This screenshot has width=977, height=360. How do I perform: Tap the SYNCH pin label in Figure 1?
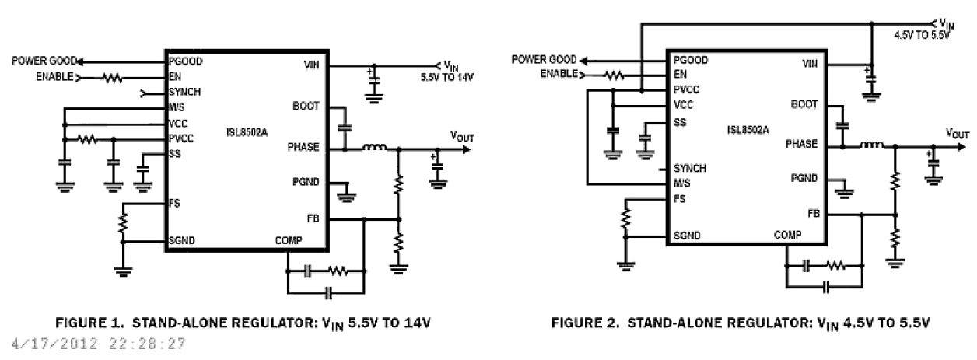pos(184,92)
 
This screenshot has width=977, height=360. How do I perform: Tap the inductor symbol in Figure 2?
pos(871,145)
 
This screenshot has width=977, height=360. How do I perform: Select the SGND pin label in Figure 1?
pos(182,241)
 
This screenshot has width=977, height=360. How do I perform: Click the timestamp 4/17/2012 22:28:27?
pos(94,344)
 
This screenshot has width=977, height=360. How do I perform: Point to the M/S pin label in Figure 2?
pos(682,184)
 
